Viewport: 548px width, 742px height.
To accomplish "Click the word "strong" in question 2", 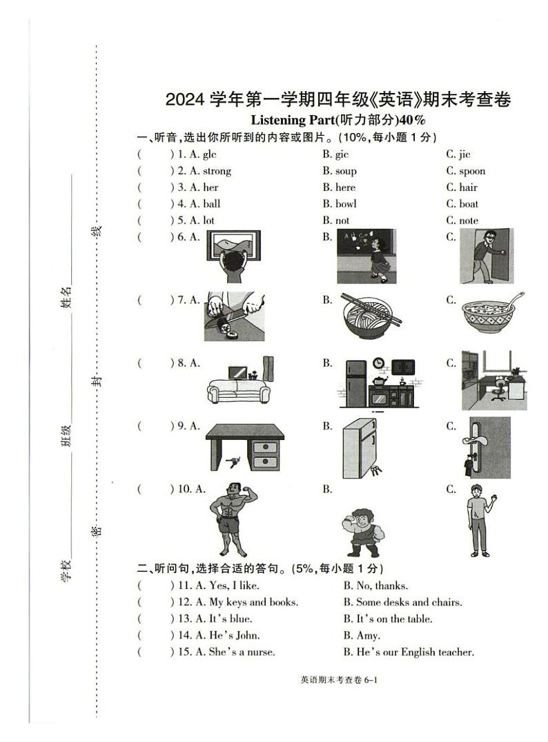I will [x=217, y=171].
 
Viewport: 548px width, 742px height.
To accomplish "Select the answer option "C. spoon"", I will [x=465, y=171].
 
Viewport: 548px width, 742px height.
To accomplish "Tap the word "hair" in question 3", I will [x=468, y=188].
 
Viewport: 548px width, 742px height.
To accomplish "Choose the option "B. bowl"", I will [x=340, y=204].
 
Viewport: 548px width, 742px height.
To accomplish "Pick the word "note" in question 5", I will [x=469, y=221].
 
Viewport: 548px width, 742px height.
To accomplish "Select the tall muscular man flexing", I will [x=233, y=518].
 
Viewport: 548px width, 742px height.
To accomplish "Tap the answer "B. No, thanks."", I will [x=375, y=585].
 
